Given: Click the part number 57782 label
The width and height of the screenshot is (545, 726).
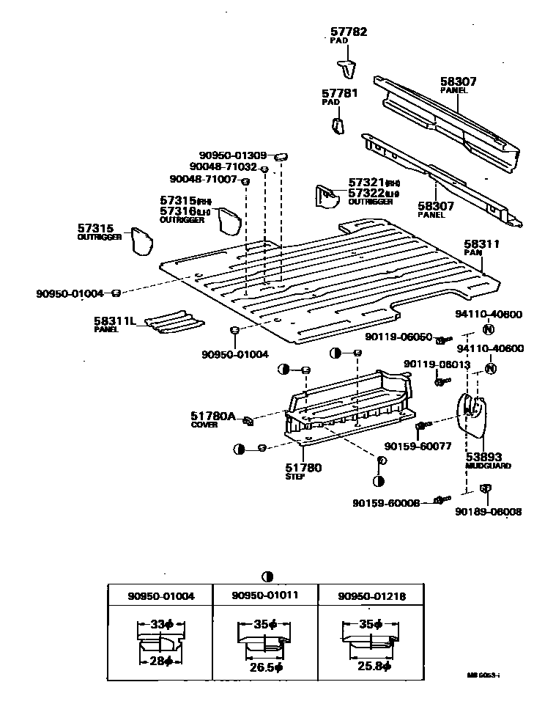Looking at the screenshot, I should click(x=348, y=32).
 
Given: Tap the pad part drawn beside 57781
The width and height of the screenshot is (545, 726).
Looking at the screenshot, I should click(x=338, y=125).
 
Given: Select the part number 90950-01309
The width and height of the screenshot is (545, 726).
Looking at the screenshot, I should click(x=234, y=155).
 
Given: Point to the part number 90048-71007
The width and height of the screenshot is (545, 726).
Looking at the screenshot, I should click(x=203, y=179).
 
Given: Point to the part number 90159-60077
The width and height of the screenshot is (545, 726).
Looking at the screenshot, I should click(x=418, y=445).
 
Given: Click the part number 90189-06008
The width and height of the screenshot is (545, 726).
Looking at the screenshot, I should click(x=488, y=512).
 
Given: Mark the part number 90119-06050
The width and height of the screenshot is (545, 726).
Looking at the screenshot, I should click(x=398, y=337).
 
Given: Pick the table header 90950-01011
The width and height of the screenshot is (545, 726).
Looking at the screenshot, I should click(x=265, y=596).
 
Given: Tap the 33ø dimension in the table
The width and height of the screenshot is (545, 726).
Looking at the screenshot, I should click(x=160, y=624).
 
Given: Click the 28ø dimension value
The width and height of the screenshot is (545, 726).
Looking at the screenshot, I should click(x=160, y=661).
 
